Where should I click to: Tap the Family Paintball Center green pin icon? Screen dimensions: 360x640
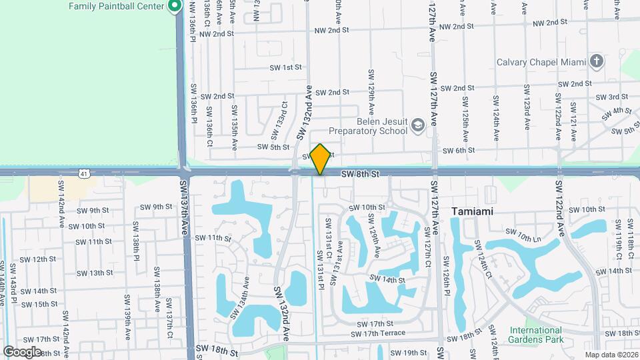(175, 7)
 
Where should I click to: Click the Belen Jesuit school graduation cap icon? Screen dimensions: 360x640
(417, 124)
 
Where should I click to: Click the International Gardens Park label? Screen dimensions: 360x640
(535, 335)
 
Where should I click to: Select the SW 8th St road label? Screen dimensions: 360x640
(360, 174)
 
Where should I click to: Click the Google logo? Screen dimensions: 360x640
(22, 351)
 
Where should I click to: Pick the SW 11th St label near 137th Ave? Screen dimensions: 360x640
(213, 238)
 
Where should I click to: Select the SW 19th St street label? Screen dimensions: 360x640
(409, 353)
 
